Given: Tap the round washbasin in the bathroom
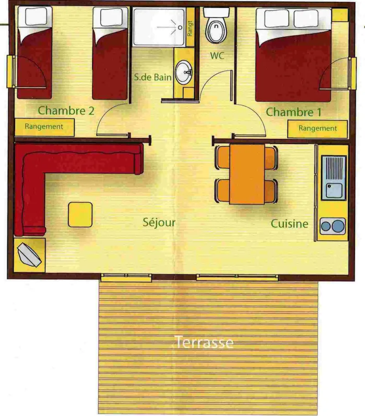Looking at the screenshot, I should pyautogui.click(x=185, y=72).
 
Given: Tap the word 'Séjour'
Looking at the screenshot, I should pyautogui.click(x=159, y=222).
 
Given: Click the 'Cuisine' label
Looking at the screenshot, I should pyautogui.click(x=289, y=224).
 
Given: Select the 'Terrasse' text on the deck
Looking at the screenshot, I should pyautogui.click(x=205, y=342).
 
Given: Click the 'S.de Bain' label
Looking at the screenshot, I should pyautogui.click(x=153, y=77).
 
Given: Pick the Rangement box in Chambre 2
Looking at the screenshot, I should pyautogui.click(x=44, y=127).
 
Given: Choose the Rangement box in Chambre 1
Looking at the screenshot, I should pyautogui.click(x=318, y=128).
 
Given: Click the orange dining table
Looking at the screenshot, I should pyautogui.click(x=246, y=174).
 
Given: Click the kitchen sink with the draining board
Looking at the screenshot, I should pyautogui.click(x=334, y=178).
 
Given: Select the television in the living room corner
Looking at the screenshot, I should pyautogui.click(x=30, y=255).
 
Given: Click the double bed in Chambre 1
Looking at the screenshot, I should pyautogui.click(x=293, y=55).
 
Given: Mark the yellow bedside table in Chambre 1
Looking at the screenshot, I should pyautogui.click(x=339, y=15).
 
